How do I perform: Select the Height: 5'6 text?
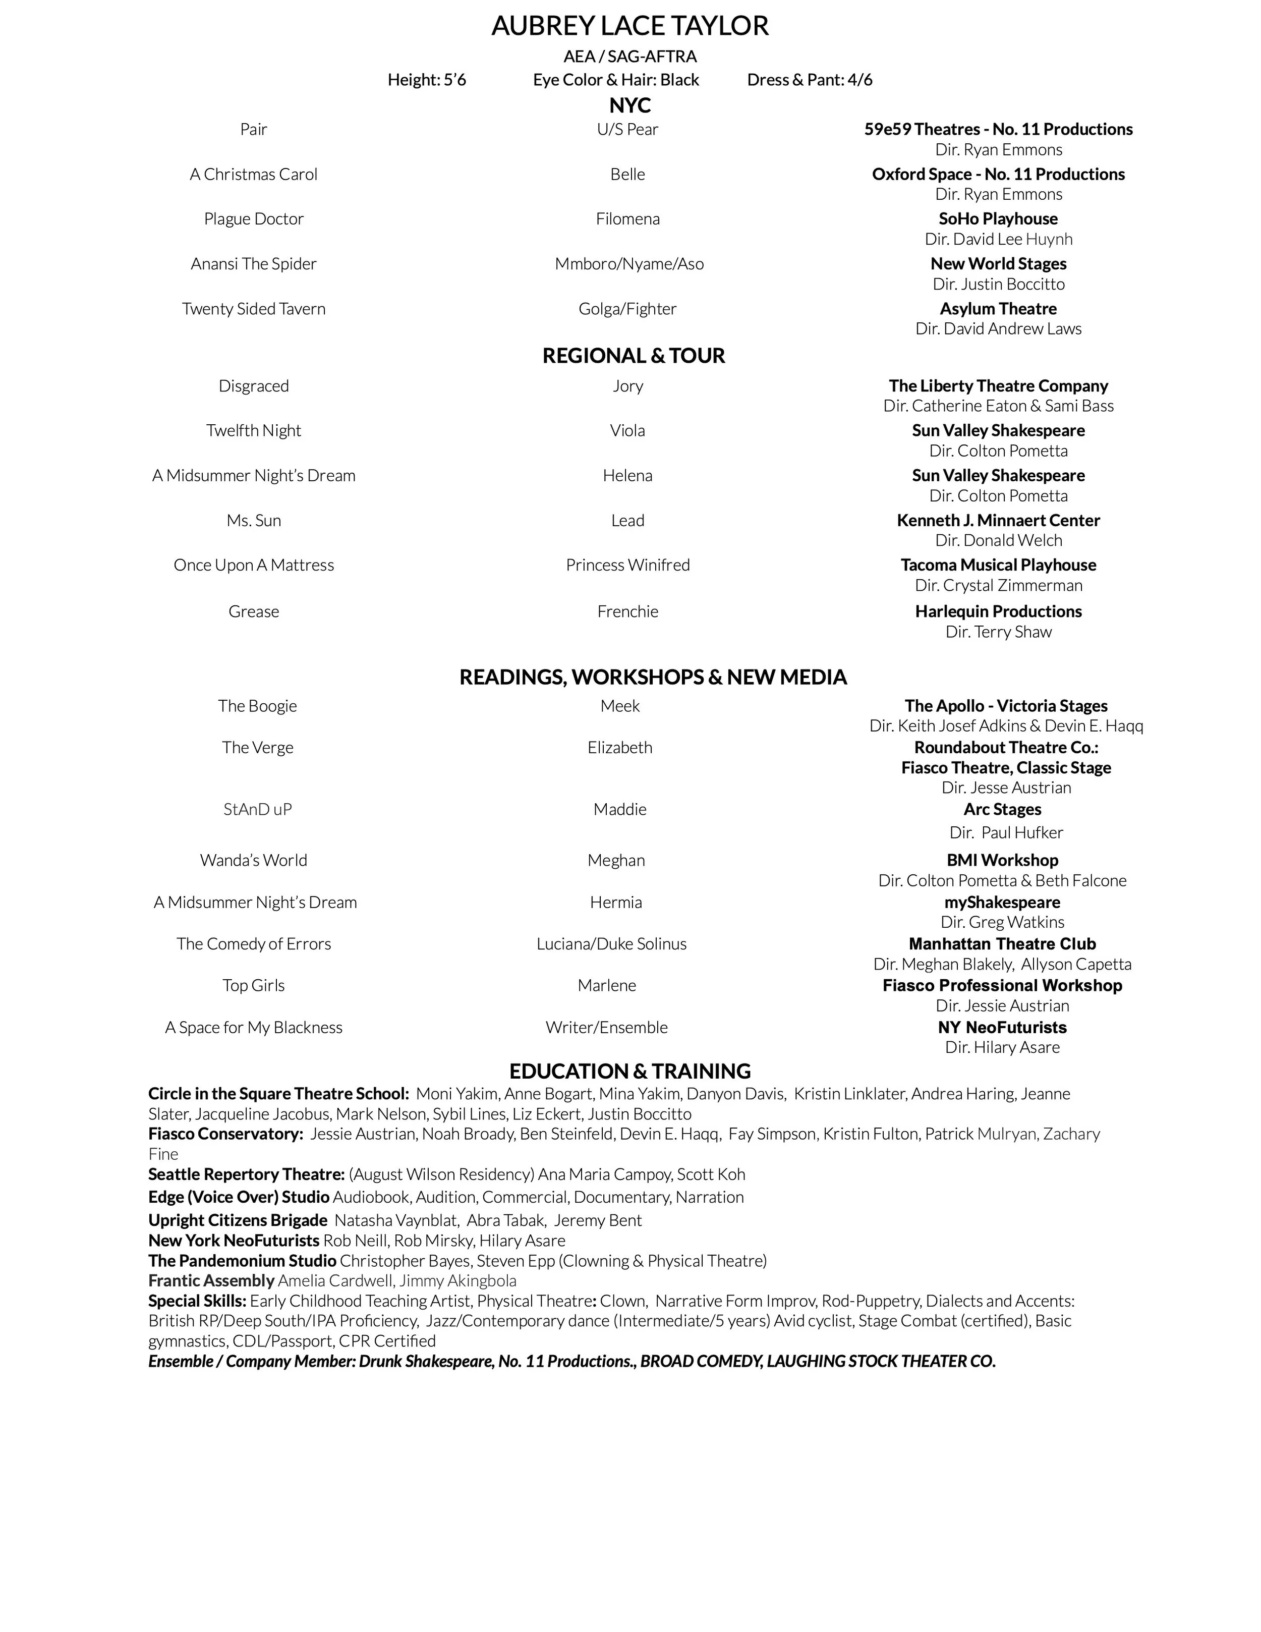point(427,80)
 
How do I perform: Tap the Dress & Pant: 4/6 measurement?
point(809,80)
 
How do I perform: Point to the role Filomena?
point(627,219)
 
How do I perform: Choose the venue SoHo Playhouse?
point(998,219)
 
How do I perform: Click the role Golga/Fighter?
point(627,309)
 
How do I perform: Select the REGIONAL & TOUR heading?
point(634,356)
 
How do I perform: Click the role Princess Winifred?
point(627,565)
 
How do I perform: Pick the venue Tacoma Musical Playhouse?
point(998,565)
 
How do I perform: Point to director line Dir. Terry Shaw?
point(998,632)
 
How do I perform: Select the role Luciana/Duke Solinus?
point(611,944)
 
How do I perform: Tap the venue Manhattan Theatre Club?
point(1002,944)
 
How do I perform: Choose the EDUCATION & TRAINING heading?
point(630,1072)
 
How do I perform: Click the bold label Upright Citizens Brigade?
point(238,1220)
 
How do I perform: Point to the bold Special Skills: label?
point(197,1301)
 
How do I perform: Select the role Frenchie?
point(627,612)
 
